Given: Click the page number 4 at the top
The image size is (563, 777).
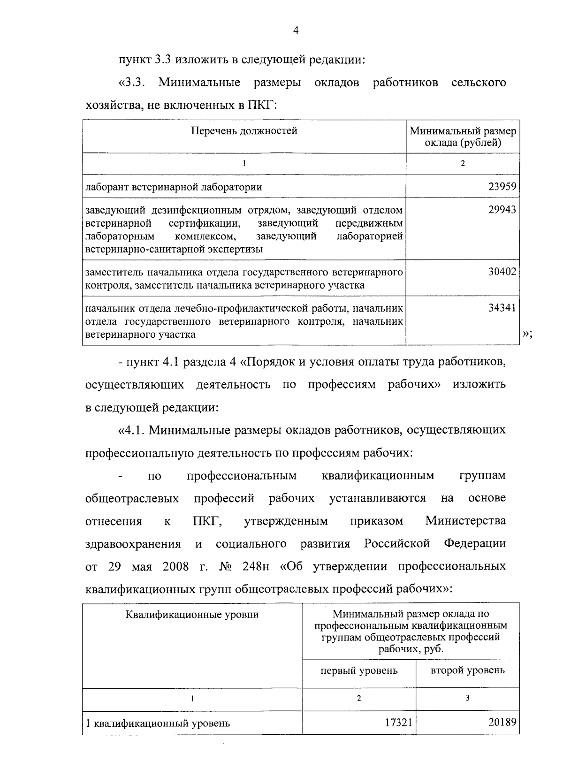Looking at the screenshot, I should pos(296,30).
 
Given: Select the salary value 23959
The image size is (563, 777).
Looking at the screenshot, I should pos(502,187).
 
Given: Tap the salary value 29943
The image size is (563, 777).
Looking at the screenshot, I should pos(502,210).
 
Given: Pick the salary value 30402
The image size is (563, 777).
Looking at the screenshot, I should pos(502,272).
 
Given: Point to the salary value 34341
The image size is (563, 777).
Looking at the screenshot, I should pos(502,308).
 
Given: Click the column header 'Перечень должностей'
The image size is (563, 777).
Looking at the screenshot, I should pos(244,131).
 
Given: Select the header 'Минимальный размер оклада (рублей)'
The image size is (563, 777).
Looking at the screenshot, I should pos(463,137).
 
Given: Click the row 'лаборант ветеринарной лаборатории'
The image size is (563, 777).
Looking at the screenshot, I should pos(174,187).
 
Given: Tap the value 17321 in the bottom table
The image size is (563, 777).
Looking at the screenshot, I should pos(398,723).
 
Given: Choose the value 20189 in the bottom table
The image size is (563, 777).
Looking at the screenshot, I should pos(502,723).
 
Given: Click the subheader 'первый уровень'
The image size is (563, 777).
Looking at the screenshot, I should pos(359,670).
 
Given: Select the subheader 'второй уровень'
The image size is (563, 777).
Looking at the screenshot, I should pos(467,670).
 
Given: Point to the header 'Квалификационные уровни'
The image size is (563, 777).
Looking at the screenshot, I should pos(192,614).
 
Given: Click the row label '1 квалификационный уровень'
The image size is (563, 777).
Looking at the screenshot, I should pos(158,723).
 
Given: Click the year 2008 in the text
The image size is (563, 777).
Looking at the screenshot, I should pos(175,566).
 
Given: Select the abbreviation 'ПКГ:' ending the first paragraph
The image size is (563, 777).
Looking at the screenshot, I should pos(262,106).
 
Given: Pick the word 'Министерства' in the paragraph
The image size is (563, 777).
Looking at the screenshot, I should pos(465,521).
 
